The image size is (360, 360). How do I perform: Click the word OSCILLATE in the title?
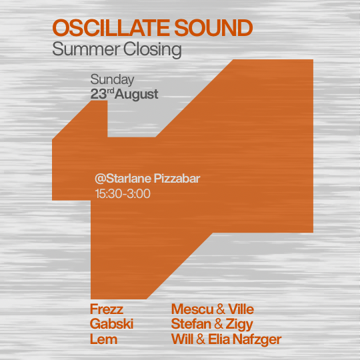tap(111, 28)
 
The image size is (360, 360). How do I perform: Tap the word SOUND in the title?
tap(213, 28)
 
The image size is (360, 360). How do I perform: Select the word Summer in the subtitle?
tap(86, 49)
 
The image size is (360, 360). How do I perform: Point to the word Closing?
tap(153, 49)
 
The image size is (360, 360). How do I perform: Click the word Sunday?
tap(112, 80)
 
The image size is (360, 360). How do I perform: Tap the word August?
tap(137, 95)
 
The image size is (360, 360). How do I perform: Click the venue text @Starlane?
tap(123, 179)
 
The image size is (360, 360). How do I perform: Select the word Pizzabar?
tap(177, 179)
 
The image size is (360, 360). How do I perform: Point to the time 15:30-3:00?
tap(123, 193)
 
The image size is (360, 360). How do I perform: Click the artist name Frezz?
tap(107, 309)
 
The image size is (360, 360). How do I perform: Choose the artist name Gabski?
tap(111, 324)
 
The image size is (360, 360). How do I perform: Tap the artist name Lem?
tap(103, 339)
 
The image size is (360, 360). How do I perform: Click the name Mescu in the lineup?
tap(193, 309)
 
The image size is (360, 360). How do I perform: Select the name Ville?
tap(241, 309)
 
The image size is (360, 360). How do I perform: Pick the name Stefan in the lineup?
tap(191, 324)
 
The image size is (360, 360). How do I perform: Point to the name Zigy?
tap(239, 325)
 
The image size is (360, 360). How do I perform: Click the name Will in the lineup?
tap(182, 339)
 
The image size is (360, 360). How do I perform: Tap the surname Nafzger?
tap(257, 340)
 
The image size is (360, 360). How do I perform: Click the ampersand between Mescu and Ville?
tap(221, 309)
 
